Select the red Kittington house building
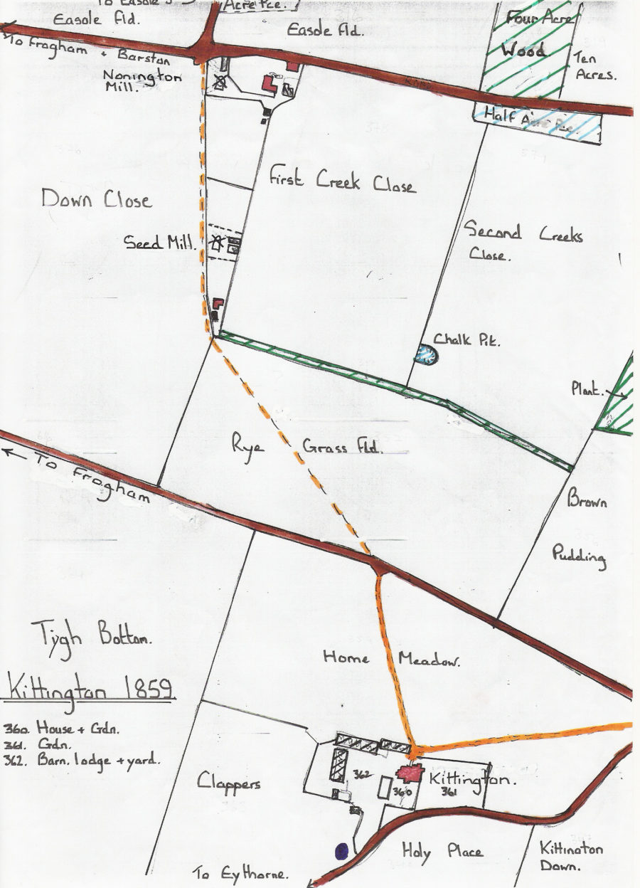pos(410,773)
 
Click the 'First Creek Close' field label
pos(341,181)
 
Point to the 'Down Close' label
pos(96,199)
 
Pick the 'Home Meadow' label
pos(391,658)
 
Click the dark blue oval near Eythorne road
pos(341,850)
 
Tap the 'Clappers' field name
pos(229,783)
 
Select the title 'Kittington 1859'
pos(90,689)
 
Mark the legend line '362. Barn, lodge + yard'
pos(81,759)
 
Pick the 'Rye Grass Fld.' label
pos(306,447)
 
